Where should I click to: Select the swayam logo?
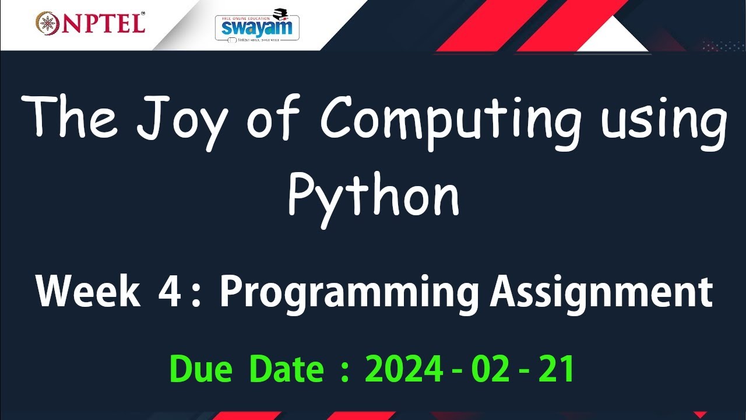click(257, 26)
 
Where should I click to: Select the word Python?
click(373, 195)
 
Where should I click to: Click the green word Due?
click(200, 369)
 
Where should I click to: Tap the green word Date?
click(286, 369)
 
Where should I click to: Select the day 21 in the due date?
click(556, 369)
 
